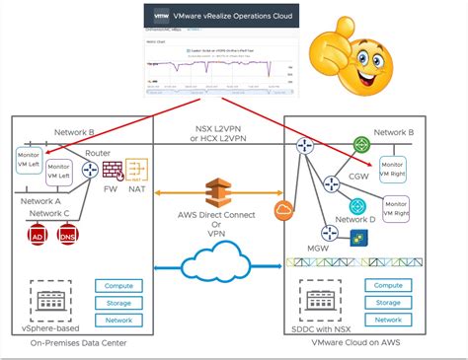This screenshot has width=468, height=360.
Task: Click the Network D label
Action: pos(354,218)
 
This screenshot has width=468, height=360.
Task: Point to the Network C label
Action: pos(49,213)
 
